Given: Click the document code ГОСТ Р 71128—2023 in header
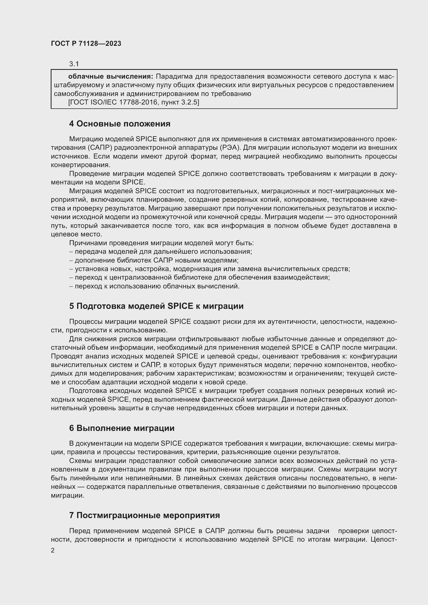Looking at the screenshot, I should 86,43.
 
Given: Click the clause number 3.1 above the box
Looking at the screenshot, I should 74,64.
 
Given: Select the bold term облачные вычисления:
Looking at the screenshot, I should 110,77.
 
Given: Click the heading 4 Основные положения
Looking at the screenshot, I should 120,124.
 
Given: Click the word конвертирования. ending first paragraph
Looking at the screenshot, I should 80,165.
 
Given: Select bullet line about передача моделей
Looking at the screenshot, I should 161,252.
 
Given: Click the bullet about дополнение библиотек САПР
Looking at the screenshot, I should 154,260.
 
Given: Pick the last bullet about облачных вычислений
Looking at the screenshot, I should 155,286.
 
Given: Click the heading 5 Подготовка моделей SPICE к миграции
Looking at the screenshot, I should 156,306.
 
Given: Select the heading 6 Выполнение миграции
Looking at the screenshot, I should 122,428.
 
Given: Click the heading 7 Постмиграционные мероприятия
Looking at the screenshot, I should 144,516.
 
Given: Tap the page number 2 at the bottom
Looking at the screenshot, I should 53,550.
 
